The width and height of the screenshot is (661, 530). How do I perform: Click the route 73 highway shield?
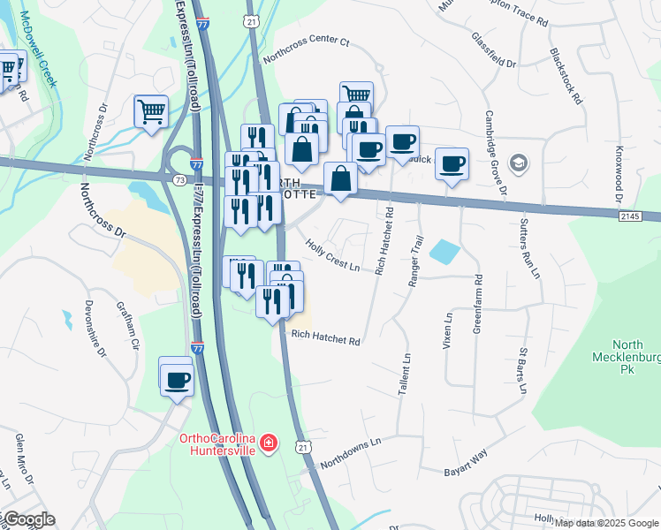pos(180,179)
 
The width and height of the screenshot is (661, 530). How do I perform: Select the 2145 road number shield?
pos(629,216)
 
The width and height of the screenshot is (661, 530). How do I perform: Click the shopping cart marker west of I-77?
pos(151,111)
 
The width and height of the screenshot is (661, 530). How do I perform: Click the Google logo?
pos(28,519)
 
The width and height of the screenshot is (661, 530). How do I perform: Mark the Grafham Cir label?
pos(128,325)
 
